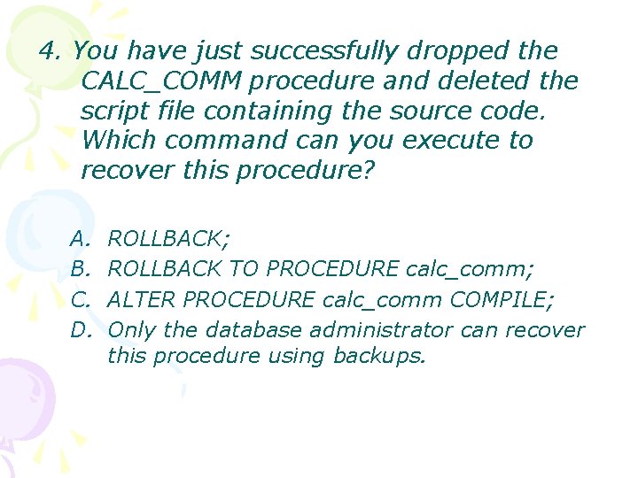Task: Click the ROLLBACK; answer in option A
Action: click(169, 238)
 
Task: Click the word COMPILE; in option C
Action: click(502, 299)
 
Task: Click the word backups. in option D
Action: click(379, 356)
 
